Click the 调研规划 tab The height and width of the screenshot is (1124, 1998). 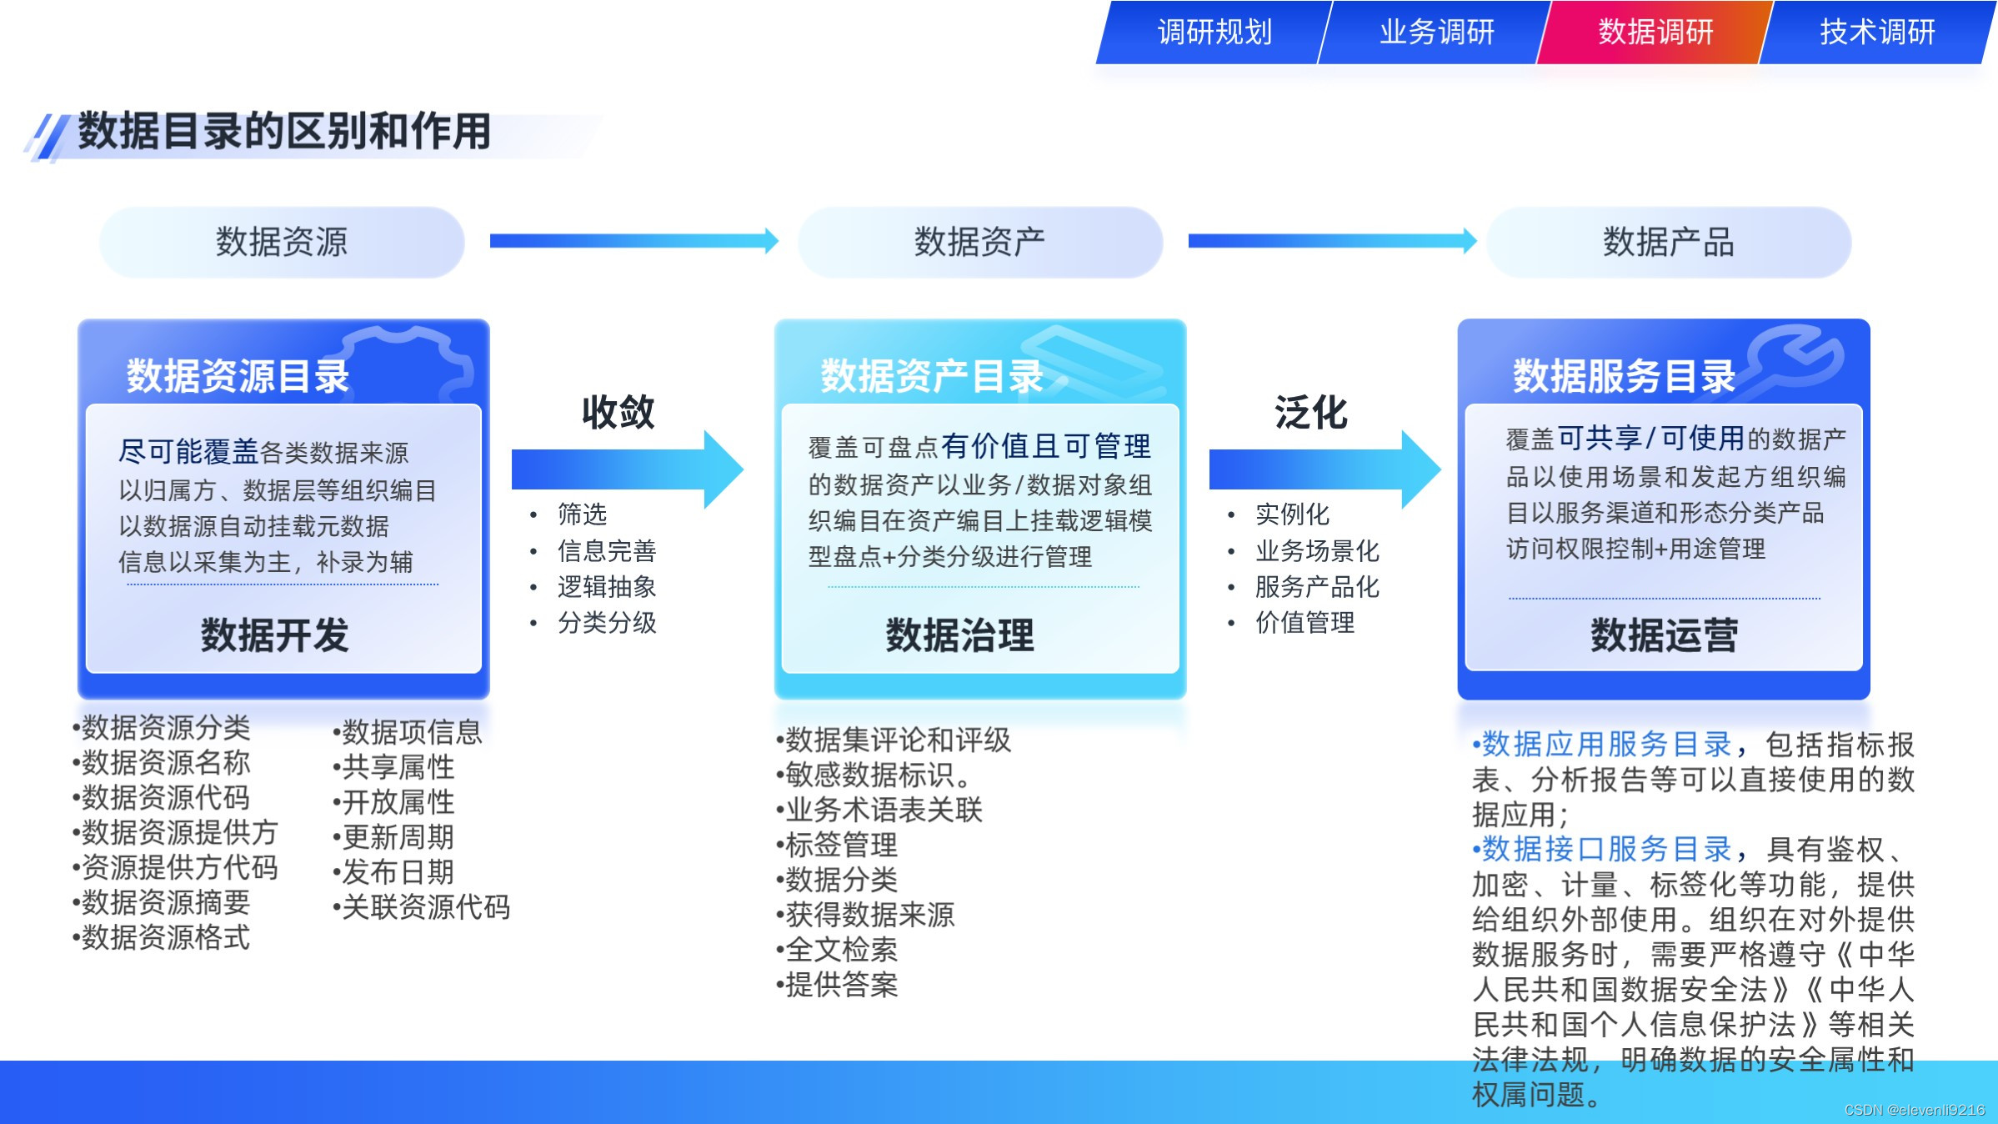1214,33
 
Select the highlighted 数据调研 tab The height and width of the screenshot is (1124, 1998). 1655,33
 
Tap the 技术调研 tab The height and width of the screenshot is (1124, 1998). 1877,33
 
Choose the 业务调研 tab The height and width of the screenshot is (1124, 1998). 1436,33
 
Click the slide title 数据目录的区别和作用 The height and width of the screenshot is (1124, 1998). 284,132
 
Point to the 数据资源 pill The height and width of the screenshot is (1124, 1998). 282,242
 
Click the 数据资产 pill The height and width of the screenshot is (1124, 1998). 979,242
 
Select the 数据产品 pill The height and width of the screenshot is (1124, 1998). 1668,242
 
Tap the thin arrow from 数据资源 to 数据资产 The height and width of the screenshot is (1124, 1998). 633,241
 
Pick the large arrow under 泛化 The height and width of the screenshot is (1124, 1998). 1324,469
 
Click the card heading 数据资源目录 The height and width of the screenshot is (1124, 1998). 238,376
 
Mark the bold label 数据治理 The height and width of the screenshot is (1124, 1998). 959,635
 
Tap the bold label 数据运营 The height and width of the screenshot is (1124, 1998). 1664,635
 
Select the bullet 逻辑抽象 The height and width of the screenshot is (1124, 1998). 607,587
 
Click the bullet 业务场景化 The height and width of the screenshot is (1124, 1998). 1317,551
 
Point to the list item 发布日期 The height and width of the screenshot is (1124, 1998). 398,872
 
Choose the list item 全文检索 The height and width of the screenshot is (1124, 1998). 841,950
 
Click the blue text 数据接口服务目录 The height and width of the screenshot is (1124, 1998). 1606,849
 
